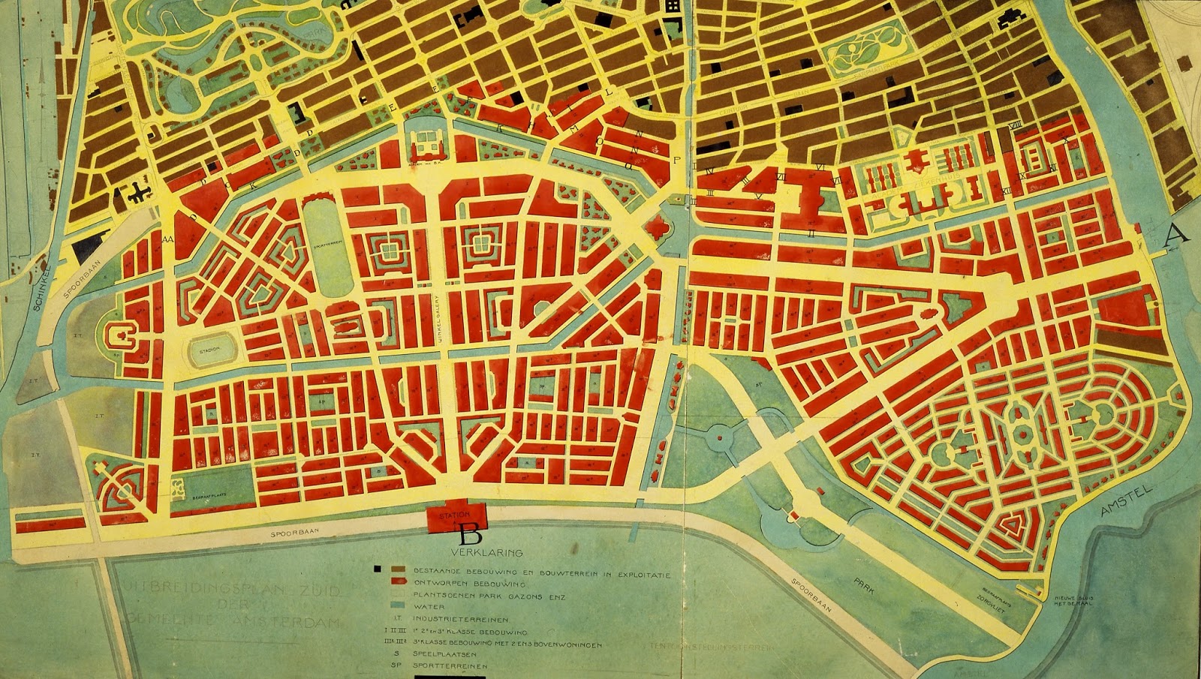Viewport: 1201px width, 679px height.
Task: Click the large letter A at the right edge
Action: pyautogui.click(x=1176, y=234)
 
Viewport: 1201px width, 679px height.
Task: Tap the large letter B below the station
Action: pyautogui.click(x=470, y=536)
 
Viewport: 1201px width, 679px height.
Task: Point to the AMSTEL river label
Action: pyautogui.click(x=1124, y=498)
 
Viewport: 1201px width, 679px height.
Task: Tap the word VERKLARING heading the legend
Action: pyautogui.click(x=493, y=553)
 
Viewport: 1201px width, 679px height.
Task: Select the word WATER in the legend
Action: pyautogui.click(x=429, y=607)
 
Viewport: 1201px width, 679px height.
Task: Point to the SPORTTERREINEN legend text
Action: pyautogui.click(x=450, y=665)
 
